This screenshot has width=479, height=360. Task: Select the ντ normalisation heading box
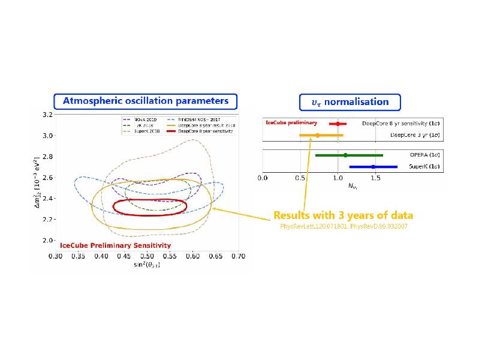pyautogui.click(x=350, y=101)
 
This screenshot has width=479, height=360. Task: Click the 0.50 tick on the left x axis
pyautogui.click(x=147, y=256)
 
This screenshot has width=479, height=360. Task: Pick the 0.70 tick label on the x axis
pyautogui.click(x=238, y=256)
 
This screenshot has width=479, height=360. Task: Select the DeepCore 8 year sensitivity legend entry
pyautogui.click(x=206, y=130)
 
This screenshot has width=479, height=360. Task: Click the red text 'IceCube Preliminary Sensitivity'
pyautogui.click(x=115, y=245)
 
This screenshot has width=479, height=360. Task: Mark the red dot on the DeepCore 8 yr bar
pyautogui.click(x=338, y=124)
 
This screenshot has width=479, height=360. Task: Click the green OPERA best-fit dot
pyautogui.click(x=345, y=155)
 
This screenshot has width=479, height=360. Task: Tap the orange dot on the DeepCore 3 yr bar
pyautogui.click(x=318, y=136)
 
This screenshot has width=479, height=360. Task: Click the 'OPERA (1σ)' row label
pyautogui.click(x=423, y=155)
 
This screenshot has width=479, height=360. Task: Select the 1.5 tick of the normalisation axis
pyautogui.click(x=376, y=178)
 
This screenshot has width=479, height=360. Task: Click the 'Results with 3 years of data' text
pyautogui.click(x=343, y=215)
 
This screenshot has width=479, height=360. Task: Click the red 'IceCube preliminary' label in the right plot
pyautogui.click(x=291, y=122)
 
